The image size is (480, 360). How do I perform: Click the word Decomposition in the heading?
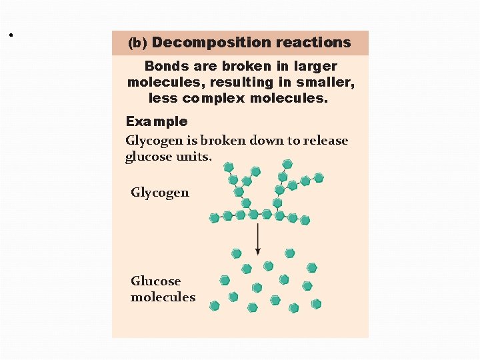pyautogui.click(x=211, y=43)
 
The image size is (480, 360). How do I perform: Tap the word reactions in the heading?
pyautogui.click(x=313, y=43)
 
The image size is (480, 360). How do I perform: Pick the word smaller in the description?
pyautogui.click(x=327, y=82)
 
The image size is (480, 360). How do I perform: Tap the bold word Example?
pyautogui.click(x=157, y=121)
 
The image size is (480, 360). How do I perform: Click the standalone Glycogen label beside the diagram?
pyautogui.click(x=160, y=193)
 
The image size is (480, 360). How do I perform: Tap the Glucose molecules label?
pyautogui.click(x=163, y=289)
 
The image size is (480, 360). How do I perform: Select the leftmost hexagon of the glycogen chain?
pyautogui.click(x=214, y=217)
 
